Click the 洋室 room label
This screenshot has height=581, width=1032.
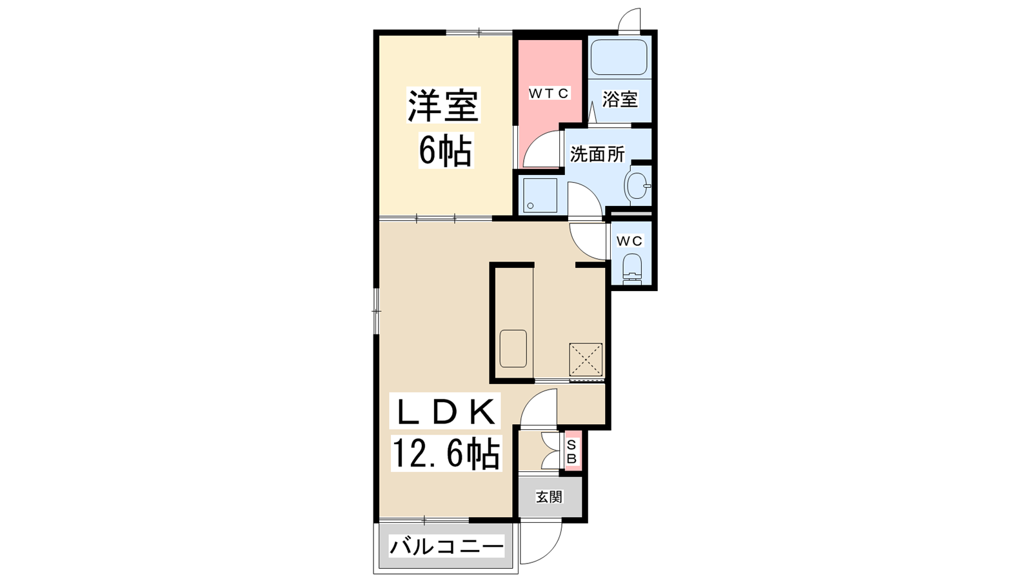443,105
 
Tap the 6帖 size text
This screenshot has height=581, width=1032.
446,150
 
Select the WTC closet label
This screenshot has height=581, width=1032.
549,93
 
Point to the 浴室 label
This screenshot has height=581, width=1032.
620,99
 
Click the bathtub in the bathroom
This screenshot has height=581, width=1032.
619,57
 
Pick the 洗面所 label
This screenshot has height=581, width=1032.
597,154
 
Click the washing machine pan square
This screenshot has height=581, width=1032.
539,195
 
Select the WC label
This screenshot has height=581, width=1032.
630,241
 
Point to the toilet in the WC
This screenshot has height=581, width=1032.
631,270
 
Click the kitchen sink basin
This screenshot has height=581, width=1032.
513,349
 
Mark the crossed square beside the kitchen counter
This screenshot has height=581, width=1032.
586,359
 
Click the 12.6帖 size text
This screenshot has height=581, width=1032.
446,454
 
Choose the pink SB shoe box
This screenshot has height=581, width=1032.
571,451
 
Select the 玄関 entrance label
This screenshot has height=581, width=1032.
549,497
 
